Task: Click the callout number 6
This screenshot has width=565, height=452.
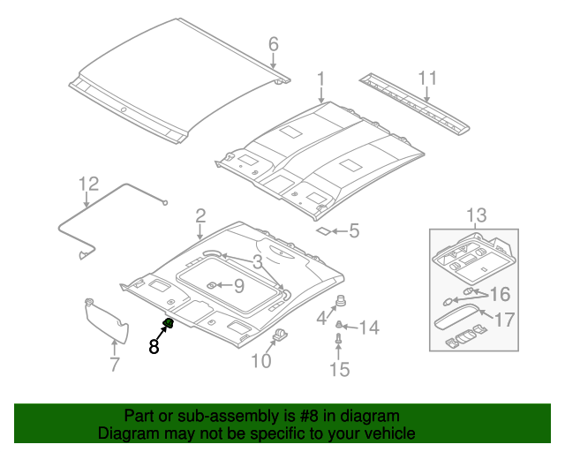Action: pos(273,43)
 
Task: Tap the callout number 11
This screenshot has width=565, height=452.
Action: pos(427,79)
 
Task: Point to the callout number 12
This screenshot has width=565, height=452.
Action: pos(88,184)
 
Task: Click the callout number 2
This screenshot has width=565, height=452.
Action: pos(200,215)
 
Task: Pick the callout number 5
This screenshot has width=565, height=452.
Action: pos(353,231)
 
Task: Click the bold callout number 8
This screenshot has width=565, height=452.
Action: pos(154,347)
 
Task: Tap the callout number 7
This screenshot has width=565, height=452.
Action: pos(114,365)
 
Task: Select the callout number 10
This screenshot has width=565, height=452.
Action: pos(261,360)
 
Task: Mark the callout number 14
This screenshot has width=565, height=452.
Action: pos(368,328)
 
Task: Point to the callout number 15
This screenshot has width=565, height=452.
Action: pos(340,369)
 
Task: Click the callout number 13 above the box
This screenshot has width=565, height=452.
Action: pos(476,215)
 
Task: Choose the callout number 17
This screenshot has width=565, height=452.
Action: pos(504,320)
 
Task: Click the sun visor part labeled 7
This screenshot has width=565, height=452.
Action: pos(106,320)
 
